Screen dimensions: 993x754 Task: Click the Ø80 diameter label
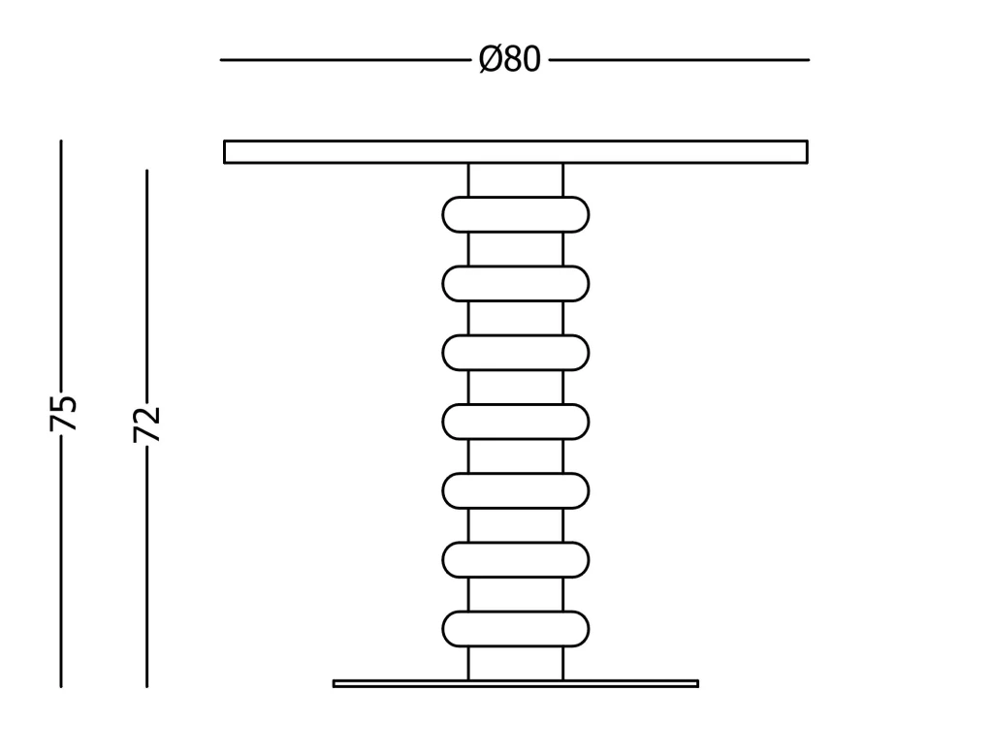510,59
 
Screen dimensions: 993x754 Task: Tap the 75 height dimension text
63,413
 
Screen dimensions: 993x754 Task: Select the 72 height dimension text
147,424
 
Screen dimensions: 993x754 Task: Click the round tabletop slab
516,152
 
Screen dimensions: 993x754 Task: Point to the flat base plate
516,683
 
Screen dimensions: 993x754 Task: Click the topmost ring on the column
516,214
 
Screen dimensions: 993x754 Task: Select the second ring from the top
516,284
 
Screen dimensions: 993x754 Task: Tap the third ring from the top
516,353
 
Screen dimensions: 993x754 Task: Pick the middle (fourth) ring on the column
516,422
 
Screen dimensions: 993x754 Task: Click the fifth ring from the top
516,490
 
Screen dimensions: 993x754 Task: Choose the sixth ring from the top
516,559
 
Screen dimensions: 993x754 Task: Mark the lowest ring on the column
516,629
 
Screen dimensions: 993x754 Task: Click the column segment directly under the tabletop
516,180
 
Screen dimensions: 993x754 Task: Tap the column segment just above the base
516,664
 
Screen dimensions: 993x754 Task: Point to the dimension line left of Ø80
346,60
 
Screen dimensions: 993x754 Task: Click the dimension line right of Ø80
679,60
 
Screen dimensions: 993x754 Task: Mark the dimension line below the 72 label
147,567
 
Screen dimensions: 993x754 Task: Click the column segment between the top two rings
516,249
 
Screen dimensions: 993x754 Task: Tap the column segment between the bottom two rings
516,594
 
